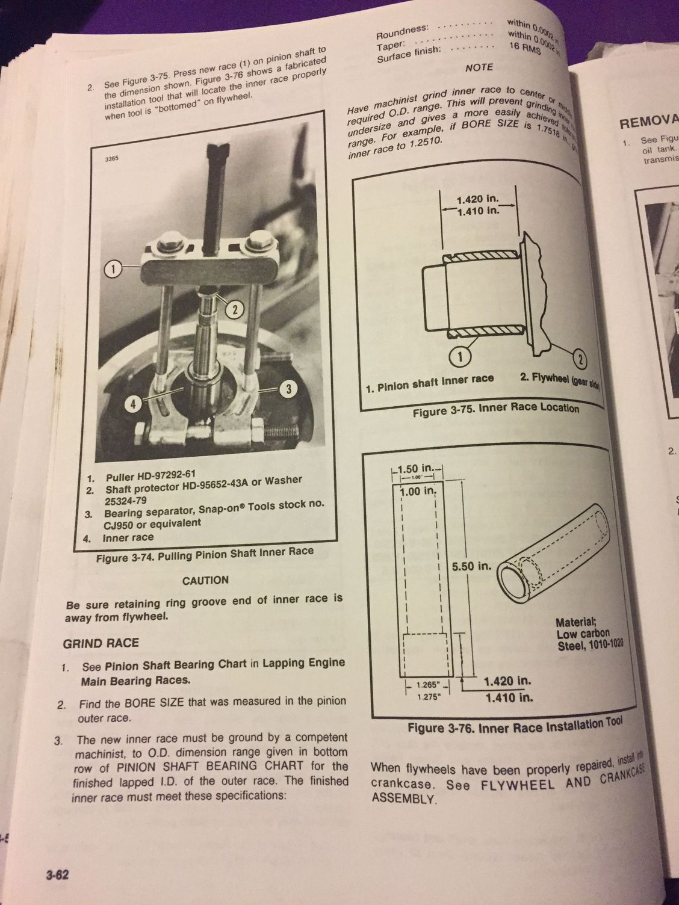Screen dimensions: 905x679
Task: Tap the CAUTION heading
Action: [205, 580]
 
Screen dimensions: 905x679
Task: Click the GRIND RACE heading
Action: [101, 643]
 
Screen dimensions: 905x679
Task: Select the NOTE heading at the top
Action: [479, 67]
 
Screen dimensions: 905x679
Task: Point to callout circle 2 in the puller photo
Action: [235, 309]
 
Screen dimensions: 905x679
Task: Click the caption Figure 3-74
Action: [205, 555]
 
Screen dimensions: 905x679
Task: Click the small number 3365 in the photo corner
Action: [111, 160]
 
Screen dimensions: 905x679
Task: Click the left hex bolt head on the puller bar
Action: [169, 243]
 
